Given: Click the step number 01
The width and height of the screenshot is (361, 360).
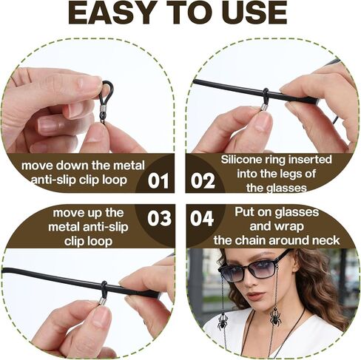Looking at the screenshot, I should tap(159, 178).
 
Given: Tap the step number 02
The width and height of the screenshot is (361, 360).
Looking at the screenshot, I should tap(203, 178).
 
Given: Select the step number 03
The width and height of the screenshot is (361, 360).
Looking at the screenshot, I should tap(159, 220).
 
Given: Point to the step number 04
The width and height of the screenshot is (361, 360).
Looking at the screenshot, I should tap(203, 220).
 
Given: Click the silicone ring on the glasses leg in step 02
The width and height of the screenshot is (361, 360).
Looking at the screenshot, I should tap(264, 95).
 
